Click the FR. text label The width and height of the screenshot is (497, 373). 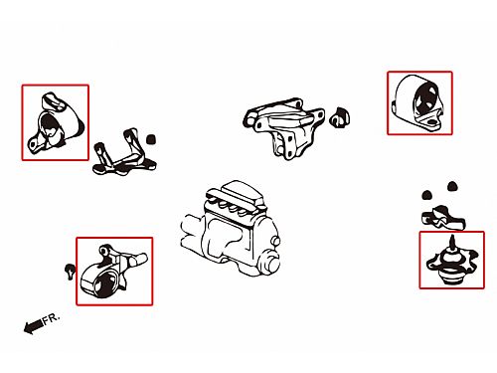pyautogui.click(x=51, y=319)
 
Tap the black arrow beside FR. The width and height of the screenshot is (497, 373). pyautogui.click(x=33, y=326)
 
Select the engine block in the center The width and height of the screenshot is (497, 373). pyautogui.click(x=231, y=229)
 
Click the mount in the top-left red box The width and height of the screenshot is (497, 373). pyautogui.click(x=56, y=123)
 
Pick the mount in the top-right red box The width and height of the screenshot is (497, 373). pyautogui.click(x=419, y=103)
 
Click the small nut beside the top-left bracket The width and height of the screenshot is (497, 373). pyautogui.click(x=151, y=139)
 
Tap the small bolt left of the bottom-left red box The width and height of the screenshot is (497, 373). pyautogui.click(x=70, y=272)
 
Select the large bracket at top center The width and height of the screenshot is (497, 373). pyautogui.click(x=284, y=127)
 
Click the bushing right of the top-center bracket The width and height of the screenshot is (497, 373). pyautogui.click(x=340, y=117)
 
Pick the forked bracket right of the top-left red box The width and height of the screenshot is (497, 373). pyautogui.click(x=124, y=152)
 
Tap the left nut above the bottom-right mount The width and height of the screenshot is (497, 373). pyautogui.click(x=427, y=195)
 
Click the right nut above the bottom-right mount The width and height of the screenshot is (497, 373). pyautogui.click(x=452, y=186)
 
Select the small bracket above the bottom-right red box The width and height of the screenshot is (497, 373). pyautogui.click(x=443, y=218)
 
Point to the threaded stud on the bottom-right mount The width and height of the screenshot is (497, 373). pyautogui.click(x=452, y=243)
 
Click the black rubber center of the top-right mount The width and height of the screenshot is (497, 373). pyautogui.click(x=425, y=99)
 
